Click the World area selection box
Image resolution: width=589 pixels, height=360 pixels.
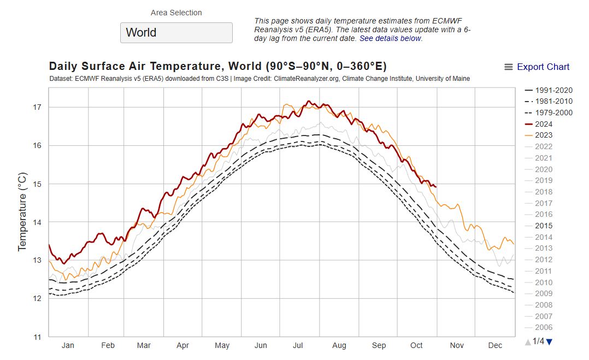(x=176, y=32)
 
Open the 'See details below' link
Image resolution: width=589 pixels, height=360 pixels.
(x=390, y=39)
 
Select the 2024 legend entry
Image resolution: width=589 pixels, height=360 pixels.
(x=544, y=124)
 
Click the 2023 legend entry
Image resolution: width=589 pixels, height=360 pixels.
(x=544, y=135)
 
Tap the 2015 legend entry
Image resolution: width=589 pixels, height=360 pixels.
(x=544, y=226)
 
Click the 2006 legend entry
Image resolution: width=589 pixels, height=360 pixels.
(x=544, y=327)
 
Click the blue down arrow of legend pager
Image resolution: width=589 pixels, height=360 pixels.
(x=549, y=342)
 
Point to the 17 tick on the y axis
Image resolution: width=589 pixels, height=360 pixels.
(x=37, y=108)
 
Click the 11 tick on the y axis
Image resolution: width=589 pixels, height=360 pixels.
(x=37, y=337)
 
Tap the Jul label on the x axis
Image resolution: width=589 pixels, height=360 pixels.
(x=298, y=345)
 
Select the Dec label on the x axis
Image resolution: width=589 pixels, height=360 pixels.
(x=495, y=345)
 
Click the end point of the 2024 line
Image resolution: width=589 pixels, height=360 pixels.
(x=435, y=187)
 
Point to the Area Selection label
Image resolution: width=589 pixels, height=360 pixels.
(x=176, y=13)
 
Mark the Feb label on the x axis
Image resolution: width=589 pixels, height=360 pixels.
(x=108, y=345)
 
